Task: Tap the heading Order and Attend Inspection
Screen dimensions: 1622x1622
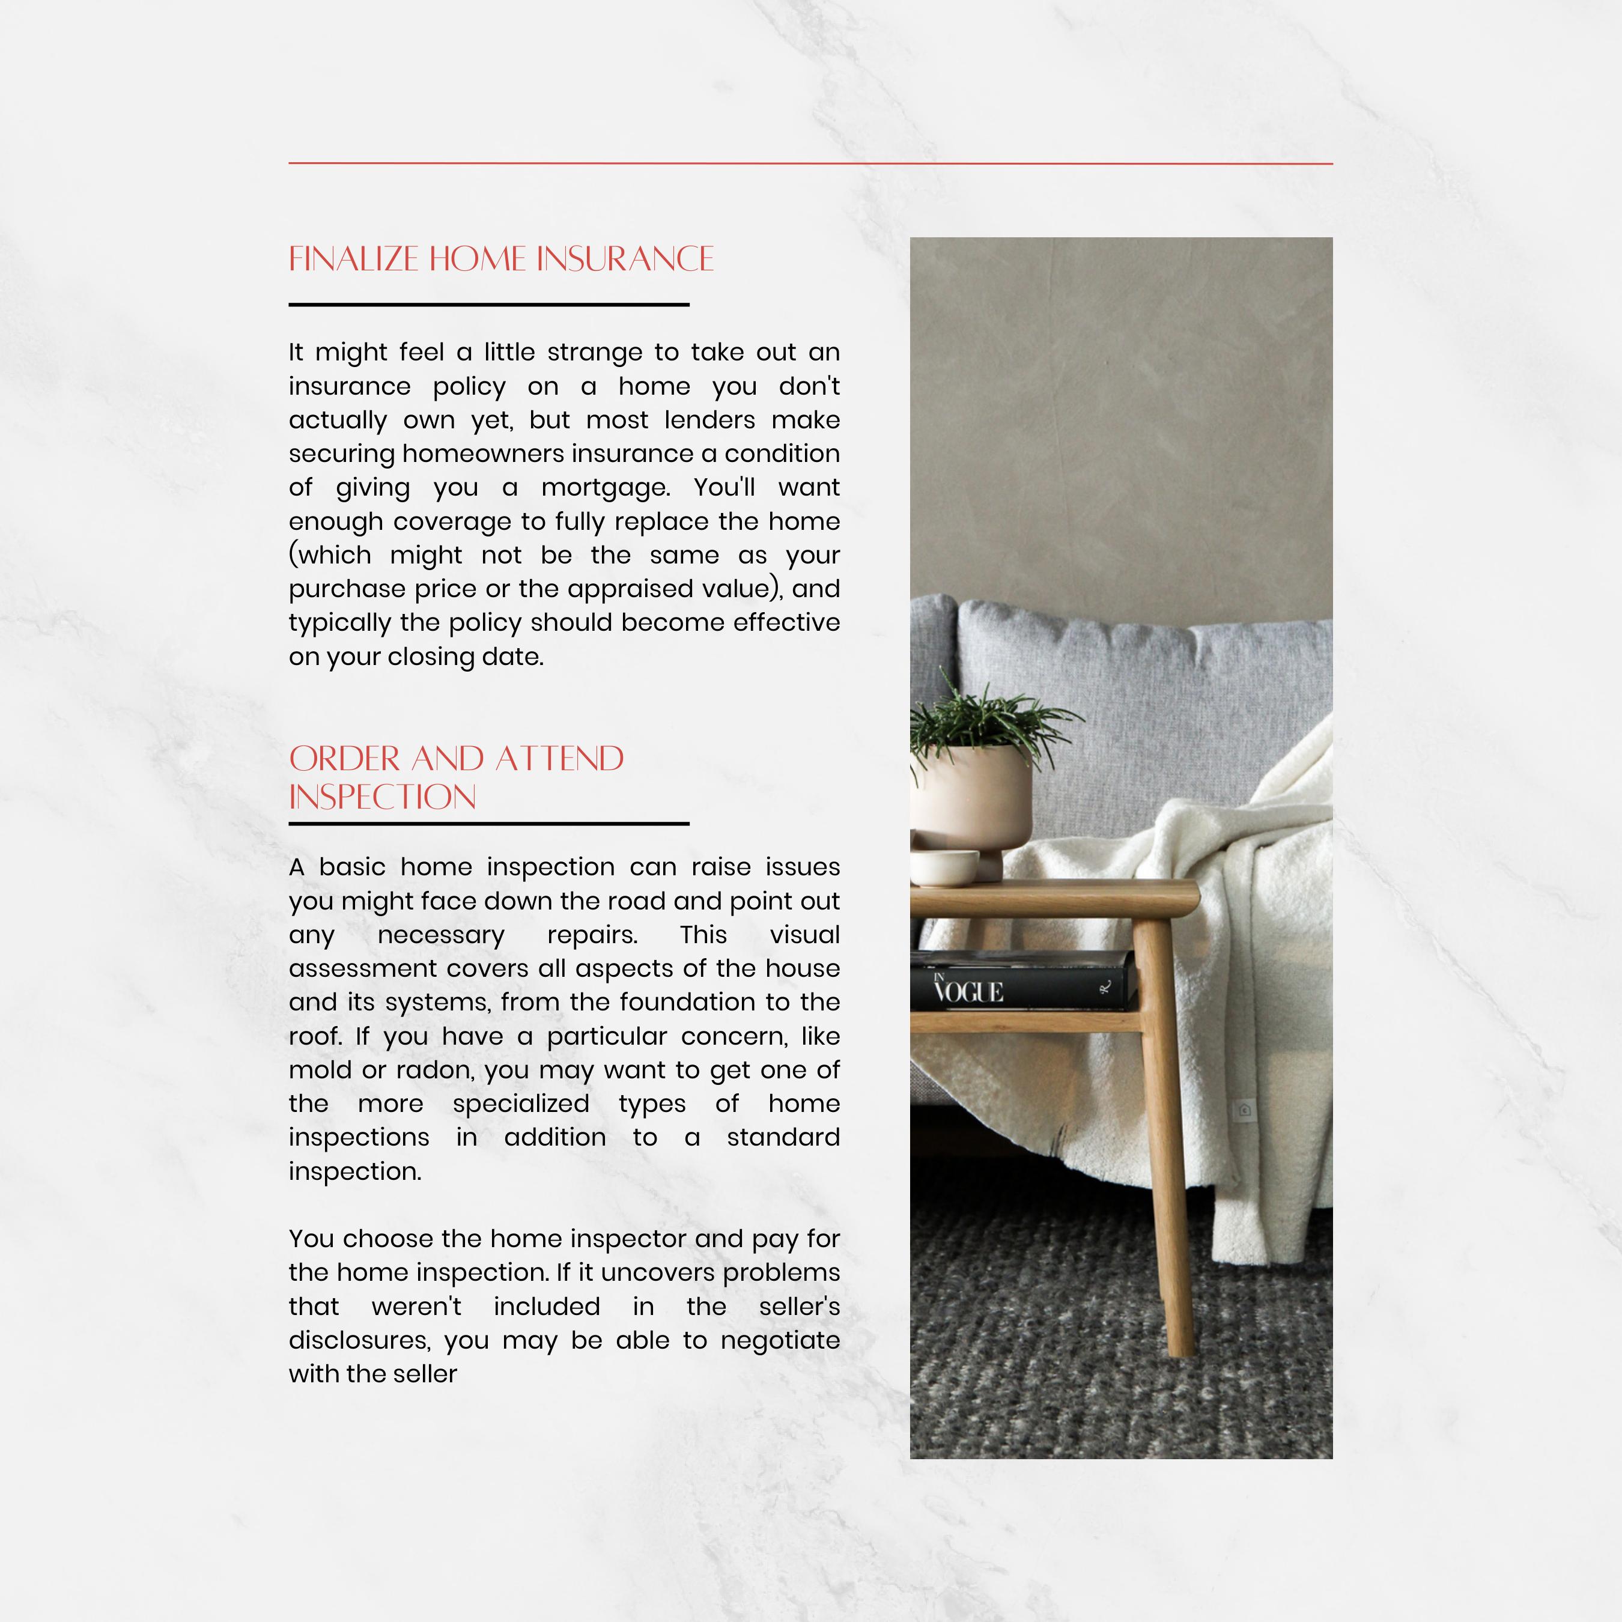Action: coord(456,777)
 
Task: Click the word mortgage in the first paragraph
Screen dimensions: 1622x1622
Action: coord(604,488)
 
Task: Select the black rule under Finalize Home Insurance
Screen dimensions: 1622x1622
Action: coord(488,305)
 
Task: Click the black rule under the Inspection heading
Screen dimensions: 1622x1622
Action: coord(488,824)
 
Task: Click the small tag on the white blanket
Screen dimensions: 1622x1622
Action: coord(1244,1110)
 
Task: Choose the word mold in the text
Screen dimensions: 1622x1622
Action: coord(319,1069)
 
